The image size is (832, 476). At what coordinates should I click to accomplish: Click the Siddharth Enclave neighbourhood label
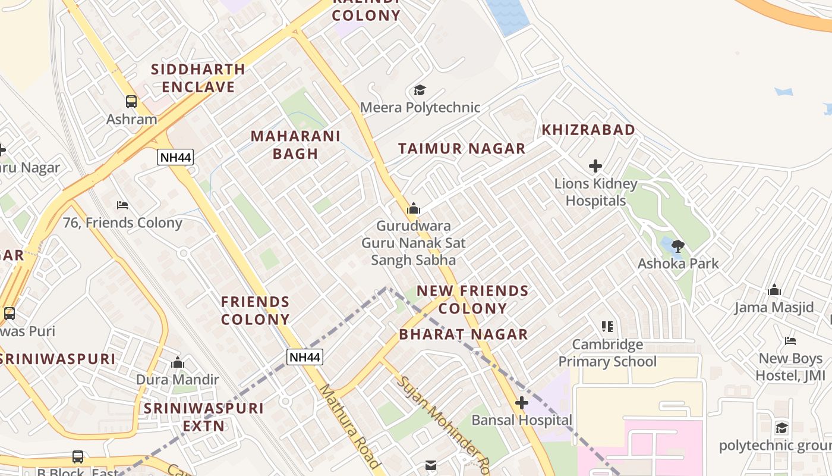tap(198, 78)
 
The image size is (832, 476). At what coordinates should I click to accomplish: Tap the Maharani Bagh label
tap(295, 145)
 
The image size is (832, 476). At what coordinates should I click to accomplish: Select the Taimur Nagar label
tap(462, 149)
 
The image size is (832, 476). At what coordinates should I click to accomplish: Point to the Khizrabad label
tap(588, 130)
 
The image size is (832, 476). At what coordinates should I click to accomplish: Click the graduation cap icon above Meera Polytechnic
tap(420, 90)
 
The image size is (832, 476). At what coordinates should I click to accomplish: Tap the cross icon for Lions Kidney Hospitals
tap(595, 166)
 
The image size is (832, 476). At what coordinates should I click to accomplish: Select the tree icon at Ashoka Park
tap(677, 246)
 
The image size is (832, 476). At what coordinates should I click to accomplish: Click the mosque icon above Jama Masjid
tap(774, 290)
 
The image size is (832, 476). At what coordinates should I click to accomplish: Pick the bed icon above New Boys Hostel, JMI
tap(790, 341)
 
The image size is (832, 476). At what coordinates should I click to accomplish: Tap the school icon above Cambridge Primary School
tap(607, 326)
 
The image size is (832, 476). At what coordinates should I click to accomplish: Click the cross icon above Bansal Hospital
tap(521, 403)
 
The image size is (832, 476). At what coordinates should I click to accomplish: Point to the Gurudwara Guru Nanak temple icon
tap(414, 208)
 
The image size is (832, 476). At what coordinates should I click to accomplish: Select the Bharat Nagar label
tap(464, 334)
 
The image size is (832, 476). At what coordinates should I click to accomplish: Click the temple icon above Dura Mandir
tap(177, 362)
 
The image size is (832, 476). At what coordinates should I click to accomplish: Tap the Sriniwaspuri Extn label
tap(204, 417)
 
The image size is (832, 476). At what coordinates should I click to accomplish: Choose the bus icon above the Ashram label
tap(131, 102)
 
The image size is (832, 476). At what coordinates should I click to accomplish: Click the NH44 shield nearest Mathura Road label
tap(305, 357)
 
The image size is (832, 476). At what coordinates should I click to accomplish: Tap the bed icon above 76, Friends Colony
tap(122, 205)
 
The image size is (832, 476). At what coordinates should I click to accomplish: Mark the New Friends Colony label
tap(472, 299)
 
